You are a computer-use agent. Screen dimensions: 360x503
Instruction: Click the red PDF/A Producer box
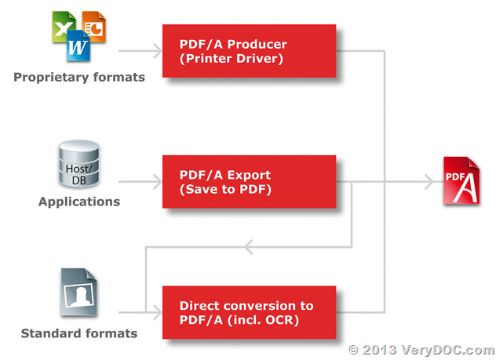(249, 51)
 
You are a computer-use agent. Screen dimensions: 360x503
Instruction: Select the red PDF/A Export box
(249, 182)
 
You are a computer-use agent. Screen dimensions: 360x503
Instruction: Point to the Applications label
(79, 202)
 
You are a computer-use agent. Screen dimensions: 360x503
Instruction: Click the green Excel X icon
(64, 26)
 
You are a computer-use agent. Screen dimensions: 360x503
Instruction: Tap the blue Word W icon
(78, 46)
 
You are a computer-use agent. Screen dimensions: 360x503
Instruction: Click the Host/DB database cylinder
(78, 165)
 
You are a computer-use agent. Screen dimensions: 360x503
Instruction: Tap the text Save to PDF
(225, 189)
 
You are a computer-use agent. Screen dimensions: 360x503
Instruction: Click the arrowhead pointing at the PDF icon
(428, 182)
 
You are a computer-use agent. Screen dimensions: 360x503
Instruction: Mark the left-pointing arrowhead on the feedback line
(247, 249)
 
